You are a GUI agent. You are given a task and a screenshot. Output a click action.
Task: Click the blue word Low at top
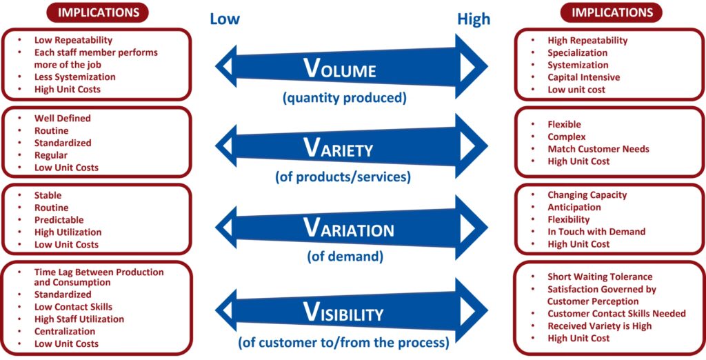point(225,19)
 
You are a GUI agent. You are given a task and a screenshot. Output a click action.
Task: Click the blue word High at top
point(474,19)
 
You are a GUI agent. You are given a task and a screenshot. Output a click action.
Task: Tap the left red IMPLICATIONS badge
point(99,12)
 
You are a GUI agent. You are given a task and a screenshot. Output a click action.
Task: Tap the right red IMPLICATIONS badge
point(611,12)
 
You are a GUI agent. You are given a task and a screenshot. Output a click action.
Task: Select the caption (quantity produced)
point(344,98)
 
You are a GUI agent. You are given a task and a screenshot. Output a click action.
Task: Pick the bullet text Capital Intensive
point(583,77)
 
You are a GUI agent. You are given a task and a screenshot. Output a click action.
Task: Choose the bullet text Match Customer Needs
point(598,149)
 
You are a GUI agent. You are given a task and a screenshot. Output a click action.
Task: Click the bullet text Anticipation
point(574,207)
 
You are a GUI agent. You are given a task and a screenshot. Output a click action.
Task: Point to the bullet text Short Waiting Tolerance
point(600,277)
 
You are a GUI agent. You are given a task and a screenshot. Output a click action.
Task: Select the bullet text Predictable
point(59,220)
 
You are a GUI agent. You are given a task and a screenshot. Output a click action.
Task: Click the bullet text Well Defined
point(63,118)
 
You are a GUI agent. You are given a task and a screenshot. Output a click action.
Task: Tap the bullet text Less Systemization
point(75,77)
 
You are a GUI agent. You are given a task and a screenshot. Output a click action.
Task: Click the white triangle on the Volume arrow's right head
point(467,66)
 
